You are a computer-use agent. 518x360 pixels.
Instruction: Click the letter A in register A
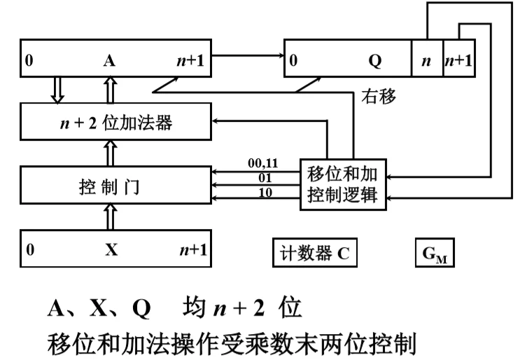pos(108,60)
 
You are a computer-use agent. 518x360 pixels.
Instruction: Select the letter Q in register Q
pos(375,60)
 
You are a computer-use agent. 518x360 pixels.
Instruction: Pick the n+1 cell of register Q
pos(458,60)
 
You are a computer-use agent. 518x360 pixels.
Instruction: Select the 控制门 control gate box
pos(115,185)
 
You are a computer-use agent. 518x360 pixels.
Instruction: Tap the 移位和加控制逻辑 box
pos(342,184)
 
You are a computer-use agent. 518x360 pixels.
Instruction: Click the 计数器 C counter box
pos(314,253)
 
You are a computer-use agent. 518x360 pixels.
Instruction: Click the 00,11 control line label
pos(263,163)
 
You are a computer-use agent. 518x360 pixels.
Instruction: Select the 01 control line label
pos(265,177)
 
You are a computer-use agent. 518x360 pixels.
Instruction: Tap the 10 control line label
pos(265,191)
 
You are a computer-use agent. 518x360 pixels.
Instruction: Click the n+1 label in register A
pos(190,60)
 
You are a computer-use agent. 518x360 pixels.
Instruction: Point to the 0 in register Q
pos(293,60)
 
